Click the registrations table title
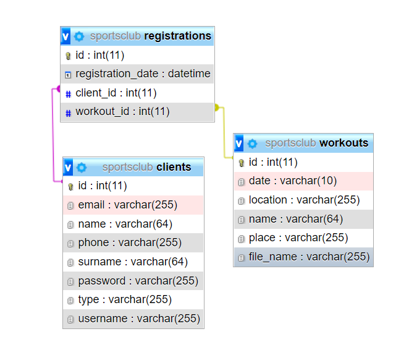pyautogui.click(x=177, y=36)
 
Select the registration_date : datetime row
pyautogui.click(x=143, y=74)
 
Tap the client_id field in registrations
pyautogui.click(x=116, y=93)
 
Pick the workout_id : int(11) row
pyautogui.click(x=122, y=112)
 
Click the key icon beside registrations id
pyautogui.click(x=68, y=56)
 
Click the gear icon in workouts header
pyautogui.click(x=252, y=144)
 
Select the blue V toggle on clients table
pyautogui.click(x=68, y=167)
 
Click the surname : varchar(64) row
pyautogui.click(x=133, y=262)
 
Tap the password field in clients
pyautogui.click(x=138, y=281)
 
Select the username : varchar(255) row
pyautogui.click(x=139, y=319)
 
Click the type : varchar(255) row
pyautogui.click(x=125, y=299)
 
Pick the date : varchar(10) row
pyautogui.click(x=292, y=181)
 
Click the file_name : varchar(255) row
pyautogui.click(x=308, y=257)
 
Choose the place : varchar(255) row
pyautogui.click(x=298, y=238)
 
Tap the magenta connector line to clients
pyautogui.click(x=53, y=136)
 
